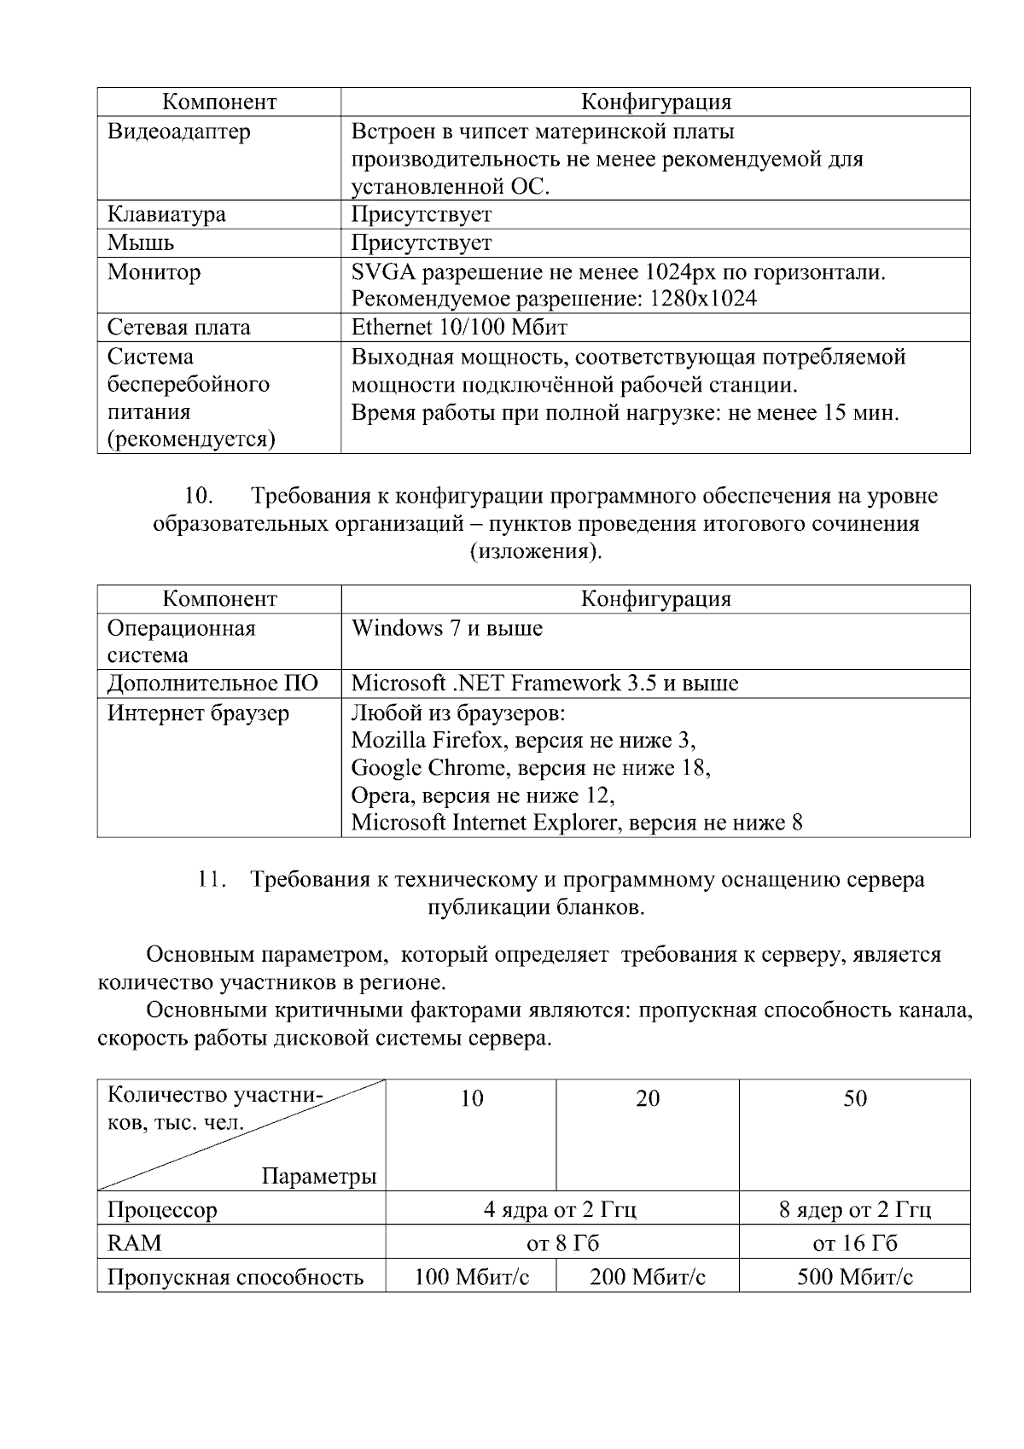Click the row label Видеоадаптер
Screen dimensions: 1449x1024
pyautogui.click(x=178, y=132)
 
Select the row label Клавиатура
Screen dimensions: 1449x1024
pyautogui.click(x=166, y=214)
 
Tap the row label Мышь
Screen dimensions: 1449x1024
pyautogui.click(x=141, y=243)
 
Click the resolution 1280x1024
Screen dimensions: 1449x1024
pyautogui.click(x=702, y=300)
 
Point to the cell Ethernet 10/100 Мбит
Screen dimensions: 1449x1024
pyautogui.click(x=459, y=328)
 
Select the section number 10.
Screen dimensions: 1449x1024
pyautogui.click(x=198, y=496)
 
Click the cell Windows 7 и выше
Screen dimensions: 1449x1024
pyautogui.click(x=446, y=629)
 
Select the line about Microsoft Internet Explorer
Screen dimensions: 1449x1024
pyautogui.click(x=577, y=823)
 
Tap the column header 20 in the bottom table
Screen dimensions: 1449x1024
pyautogui.click(x=648, y=1098)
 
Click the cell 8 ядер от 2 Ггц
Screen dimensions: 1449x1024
pyautogui.click(x=854, y=1210)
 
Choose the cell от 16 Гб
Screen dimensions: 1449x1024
pyautogui.click(x=854, y=1243)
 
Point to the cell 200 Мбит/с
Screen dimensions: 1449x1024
pyautogui.click(x=648, y=1277)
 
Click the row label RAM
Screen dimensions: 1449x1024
pyautogui.click(x=134, y=1243)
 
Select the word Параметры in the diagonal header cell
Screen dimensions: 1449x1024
pyautogui.click(x=318, y=1177)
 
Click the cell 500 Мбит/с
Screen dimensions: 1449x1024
pyautogui.click(x=854, y=1277)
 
